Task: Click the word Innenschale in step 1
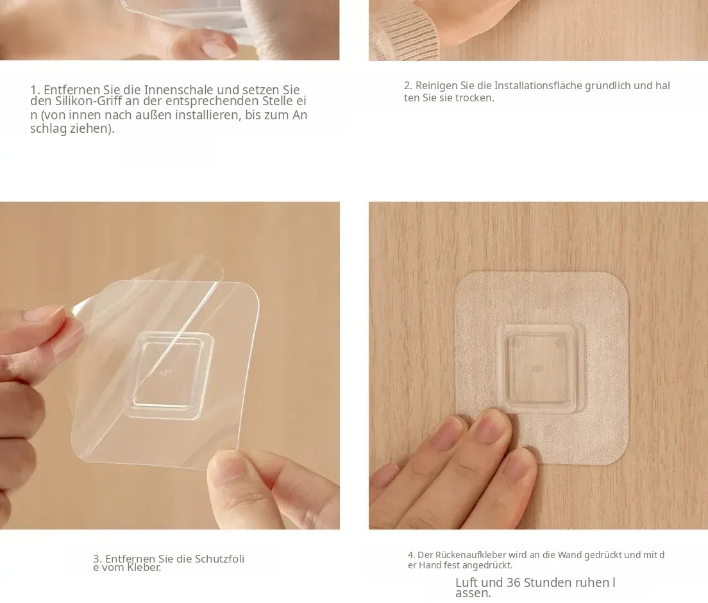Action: tap(179, 89)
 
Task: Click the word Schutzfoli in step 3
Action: tap(219, 559)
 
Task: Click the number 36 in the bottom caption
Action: tap(514, 582)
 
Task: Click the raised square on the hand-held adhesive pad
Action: tap(169, 374)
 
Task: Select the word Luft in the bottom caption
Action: tap(469, 582)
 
